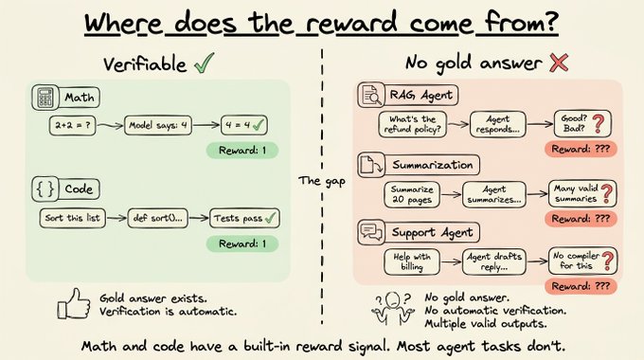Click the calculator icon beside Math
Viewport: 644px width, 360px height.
tap(45, 98)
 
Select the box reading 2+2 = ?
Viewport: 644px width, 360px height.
tap(72, 125)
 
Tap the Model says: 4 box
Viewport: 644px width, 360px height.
tap(158, 125)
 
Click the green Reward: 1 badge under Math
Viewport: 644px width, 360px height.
tap(242, 151)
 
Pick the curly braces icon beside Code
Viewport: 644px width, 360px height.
tap(45, 189)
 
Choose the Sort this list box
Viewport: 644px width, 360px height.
tap(73, 218)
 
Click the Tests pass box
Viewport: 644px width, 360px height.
tap(244, 218)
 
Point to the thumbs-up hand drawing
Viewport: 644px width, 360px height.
tap(74, 304)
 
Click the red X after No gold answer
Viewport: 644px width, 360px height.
tap(559, 63)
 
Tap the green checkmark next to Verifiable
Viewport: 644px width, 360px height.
tap(205, 63)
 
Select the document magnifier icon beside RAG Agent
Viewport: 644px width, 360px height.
tap(371, 95)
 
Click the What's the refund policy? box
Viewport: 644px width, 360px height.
tap(412, 124)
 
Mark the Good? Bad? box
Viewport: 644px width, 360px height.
tap(582, 123)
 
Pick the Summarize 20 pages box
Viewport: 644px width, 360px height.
tap(412, 195)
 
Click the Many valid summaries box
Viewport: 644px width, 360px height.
tap(582, 193)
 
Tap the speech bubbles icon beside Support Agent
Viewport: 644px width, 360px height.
tap(371, 232)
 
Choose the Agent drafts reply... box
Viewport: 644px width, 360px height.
tap(494, 261)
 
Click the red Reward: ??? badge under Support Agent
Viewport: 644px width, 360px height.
tap(581, 286)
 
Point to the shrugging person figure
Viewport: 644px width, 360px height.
tap(393, 307)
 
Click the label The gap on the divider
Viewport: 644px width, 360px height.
tap(322, 181)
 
